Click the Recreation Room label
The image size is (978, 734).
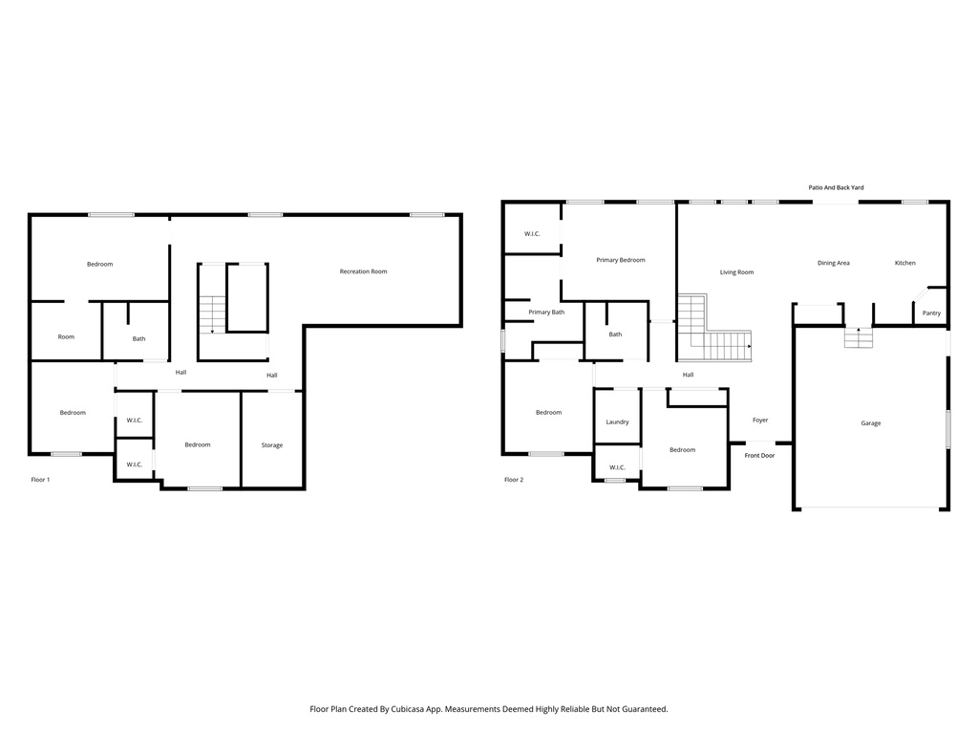363,271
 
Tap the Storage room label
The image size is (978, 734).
272,444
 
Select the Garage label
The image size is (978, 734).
870,422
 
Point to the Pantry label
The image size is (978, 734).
931,313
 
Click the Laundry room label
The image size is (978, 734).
617,421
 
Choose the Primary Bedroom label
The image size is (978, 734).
620,260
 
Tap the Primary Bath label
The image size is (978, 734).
546,312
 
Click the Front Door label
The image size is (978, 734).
759,455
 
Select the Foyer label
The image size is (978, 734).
760,420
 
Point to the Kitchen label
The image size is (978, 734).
904,263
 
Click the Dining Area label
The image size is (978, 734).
833,263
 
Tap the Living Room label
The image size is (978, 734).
736,272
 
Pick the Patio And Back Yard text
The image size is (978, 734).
836,188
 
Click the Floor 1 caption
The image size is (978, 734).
40,479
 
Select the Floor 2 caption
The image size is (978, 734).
514,479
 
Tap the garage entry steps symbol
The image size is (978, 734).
858,338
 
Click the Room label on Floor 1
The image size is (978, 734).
66,336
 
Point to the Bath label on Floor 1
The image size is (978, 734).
139,338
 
